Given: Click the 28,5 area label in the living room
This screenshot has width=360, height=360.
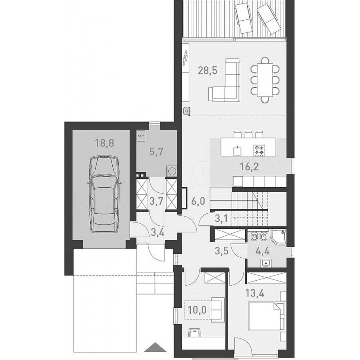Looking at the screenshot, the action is (207, 71).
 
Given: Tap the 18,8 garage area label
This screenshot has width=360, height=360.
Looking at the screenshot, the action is (104, 143).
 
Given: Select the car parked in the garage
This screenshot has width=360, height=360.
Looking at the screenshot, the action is (104, 194).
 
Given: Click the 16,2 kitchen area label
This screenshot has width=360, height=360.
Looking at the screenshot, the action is (249, 167).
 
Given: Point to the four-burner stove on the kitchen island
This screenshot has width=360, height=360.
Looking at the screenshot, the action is (259, 150).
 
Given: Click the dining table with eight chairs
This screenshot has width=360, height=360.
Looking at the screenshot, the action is (265, 80).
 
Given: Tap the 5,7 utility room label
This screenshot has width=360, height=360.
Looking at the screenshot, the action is (156, 152).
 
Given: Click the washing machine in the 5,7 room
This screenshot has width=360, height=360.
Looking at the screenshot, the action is (171, 171).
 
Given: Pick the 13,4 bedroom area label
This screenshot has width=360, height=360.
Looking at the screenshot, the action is (255, 293).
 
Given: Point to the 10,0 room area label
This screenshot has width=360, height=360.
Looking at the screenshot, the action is (197, 310).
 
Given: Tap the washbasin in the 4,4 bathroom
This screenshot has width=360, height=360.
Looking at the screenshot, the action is (266, 263).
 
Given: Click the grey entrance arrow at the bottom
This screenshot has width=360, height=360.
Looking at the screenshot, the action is (155, 347).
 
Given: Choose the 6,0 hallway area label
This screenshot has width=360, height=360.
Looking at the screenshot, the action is (198, 202).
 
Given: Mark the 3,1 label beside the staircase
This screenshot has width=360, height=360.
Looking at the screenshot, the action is (221, 219).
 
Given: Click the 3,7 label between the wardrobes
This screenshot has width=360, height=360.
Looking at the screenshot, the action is (156, 202).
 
